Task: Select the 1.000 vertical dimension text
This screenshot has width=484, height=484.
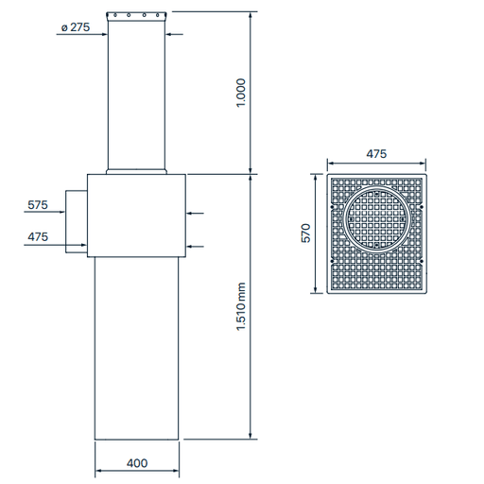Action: [240, 93]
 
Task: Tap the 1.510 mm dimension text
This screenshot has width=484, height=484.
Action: [240, 309]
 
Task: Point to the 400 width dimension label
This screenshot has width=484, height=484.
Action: [138, 464]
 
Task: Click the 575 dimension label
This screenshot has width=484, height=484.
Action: [38, 204]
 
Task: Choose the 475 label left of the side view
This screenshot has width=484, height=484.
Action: [38, 236]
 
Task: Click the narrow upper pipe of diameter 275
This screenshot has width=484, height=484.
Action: [138, 95]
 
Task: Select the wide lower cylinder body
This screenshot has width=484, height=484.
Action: [138, 350]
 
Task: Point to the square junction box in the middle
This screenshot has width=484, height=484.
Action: [137, 216]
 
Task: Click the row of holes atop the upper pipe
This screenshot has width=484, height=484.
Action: [138, 16]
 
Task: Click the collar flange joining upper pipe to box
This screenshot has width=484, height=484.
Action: [138, 171]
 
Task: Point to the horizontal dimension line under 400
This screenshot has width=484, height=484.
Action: [138, 474]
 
